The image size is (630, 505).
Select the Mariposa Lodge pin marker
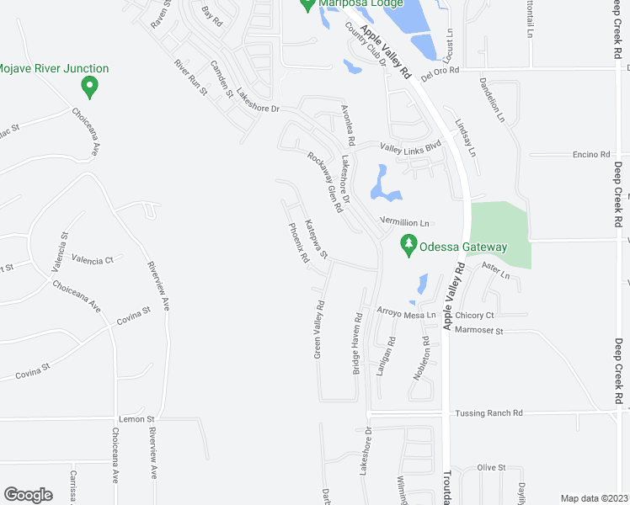pyautogui.click(x=307, y=5)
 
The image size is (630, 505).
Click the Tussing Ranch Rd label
pyautogui.click(x=489, y=413)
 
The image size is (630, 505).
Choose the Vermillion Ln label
pyautogui.click(x=405, y=222)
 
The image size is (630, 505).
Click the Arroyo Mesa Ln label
pyautogui.click(x=406, y=315)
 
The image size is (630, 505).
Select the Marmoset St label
pyautogui.click(x=478, y=331)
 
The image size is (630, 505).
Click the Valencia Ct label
pyautogui.click(x=93, y=260)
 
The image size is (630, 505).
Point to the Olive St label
pyautogui.click(x=490, y=467)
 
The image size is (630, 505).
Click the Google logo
pyautogui.click(x=28, y=495)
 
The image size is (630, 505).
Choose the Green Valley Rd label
pyautogui.click(x=319, y=330)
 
